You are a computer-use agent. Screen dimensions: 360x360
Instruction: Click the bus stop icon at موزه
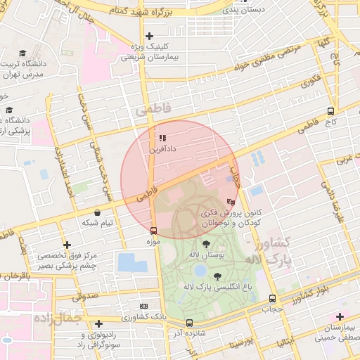[x=153, y=230]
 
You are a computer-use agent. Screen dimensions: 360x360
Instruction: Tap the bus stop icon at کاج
[x=330, y=111]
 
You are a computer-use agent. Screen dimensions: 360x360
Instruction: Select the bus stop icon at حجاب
[x=272, y=298]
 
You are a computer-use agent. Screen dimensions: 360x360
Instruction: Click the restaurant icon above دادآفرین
[x=163, y=139]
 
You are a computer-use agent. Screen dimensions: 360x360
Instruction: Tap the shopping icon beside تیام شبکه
[x=97, y=212]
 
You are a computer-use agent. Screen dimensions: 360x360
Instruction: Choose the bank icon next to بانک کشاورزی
[x=143, y=307]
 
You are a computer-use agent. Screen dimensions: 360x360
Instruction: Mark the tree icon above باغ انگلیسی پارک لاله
[x=216, y=276]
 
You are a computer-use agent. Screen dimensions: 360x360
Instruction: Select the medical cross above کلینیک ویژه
[x=148, y=36]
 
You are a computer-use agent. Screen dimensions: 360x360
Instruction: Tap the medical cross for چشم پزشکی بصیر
[x=66, y=245]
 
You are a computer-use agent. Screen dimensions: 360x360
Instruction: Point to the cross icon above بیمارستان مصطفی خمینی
[x=340, y=317]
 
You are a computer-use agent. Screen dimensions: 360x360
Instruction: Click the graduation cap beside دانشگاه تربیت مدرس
[x=22, y=53]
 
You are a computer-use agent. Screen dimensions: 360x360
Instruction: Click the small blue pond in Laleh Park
[x=200, y=270]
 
